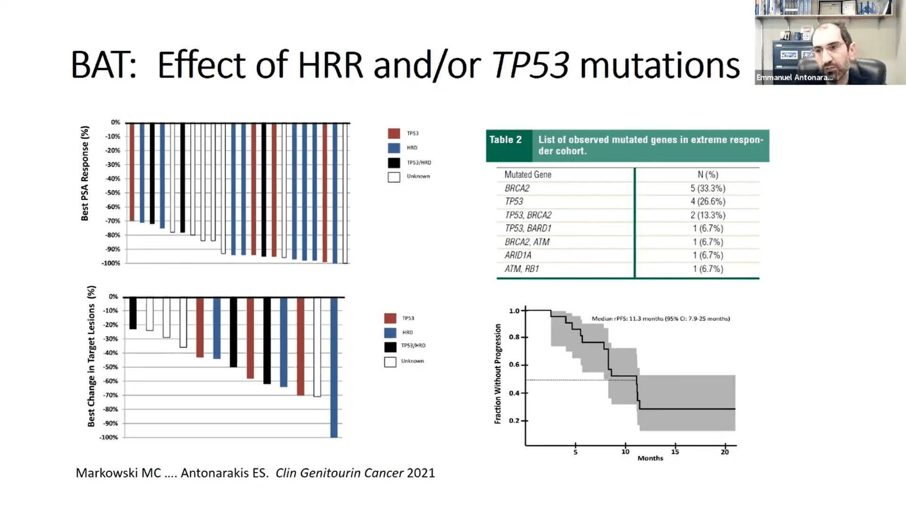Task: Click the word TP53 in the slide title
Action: tap(530, 65)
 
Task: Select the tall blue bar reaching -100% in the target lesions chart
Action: tap(334, 367)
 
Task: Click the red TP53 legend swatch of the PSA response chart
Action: tap(394, 134)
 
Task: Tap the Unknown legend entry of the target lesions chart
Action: tap(412, 361)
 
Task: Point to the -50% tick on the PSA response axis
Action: tap(113, 193)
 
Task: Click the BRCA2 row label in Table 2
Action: tap(517, 188)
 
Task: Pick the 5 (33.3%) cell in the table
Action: tap(708, 188)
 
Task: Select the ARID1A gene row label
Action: tap(518, 255)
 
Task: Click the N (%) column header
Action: tap(708, 174)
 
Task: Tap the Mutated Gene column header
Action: tap(528, 174)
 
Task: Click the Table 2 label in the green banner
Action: tap(505, 140)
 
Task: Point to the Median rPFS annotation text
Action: tap(661, 319)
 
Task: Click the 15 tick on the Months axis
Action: tap(675, 451)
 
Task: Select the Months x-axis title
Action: tap(650, 458)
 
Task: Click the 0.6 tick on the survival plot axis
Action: tap(514, 365)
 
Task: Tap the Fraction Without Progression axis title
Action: tap(498, 374)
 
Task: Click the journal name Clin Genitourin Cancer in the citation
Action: tap(339, 473)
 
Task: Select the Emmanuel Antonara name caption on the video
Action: tap(794, 77)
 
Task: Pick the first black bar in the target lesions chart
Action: tap(133, 313)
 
